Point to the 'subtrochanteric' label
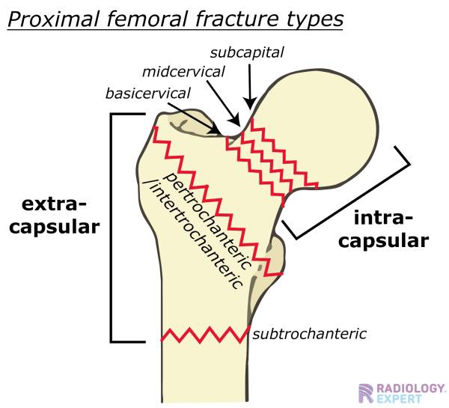click(x=309, y=333)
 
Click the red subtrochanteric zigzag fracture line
click(x=205, y=335)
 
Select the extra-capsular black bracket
click(x=112, y=225)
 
